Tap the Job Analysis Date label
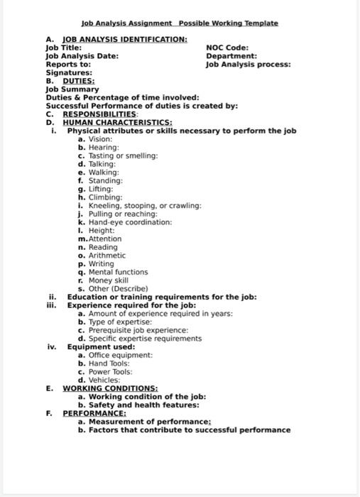(82, 56)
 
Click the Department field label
(231, 56)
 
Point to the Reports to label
(68, 65)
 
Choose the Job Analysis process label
(248, 65)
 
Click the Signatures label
(69, 73)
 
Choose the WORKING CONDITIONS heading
(110, 388)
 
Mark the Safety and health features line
(138, 405)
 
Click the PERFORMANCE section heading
(94, 413)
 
